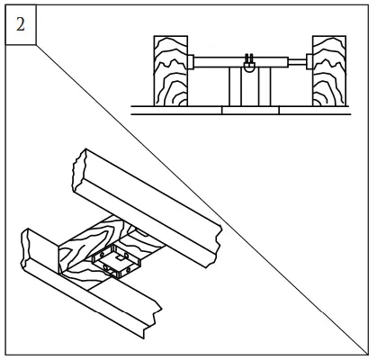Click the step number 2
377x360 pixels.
[x=21, y=24]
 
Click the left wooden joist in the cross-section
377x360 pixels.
[x=171, y=71]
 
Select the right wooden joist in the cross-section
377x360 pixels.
[x=329, y=71]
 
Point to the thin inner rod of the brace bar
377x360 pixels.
[x=297, y=62]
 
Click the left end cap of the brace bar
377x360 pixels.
[x=191, y=62]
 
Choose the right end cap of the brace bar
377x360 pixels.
[x=310, y=62]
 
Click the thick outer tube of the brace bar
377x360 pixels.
[x=241, y=62]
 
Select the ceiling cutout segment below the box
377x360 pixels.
[x=250, y=111]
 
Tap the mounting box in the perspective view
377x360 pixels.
[x=117, y=261]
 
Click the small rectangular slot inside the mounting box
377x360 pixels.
[x=121, y=257]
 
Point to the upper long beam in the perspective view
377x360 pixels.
[x=147, y=207]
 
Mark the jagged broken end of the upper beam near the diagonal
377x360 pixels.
[x=217, y=246]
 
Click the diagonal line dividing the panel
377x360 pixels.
[x=202, y=200]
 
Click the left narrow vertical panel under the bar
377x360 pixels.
[x=235, y=86]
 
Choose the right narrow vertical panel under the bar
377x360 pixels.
[x=265, y=86]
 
